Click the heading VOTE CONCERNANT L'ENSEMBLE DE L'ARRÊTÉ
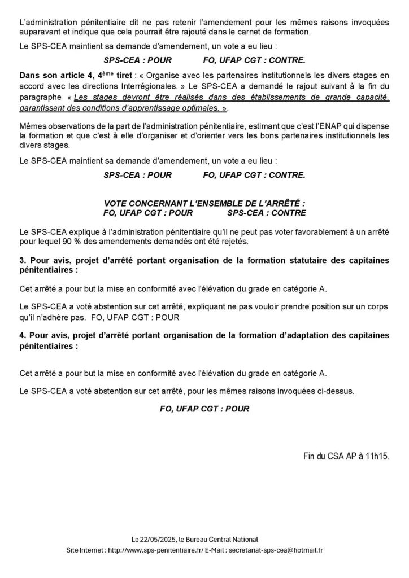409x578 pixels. click(x=204, y=203)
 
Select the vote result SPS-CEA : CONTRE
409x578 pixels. click(x=266, y=213)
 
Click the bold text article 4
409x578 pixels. click(x=58, y=75)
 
